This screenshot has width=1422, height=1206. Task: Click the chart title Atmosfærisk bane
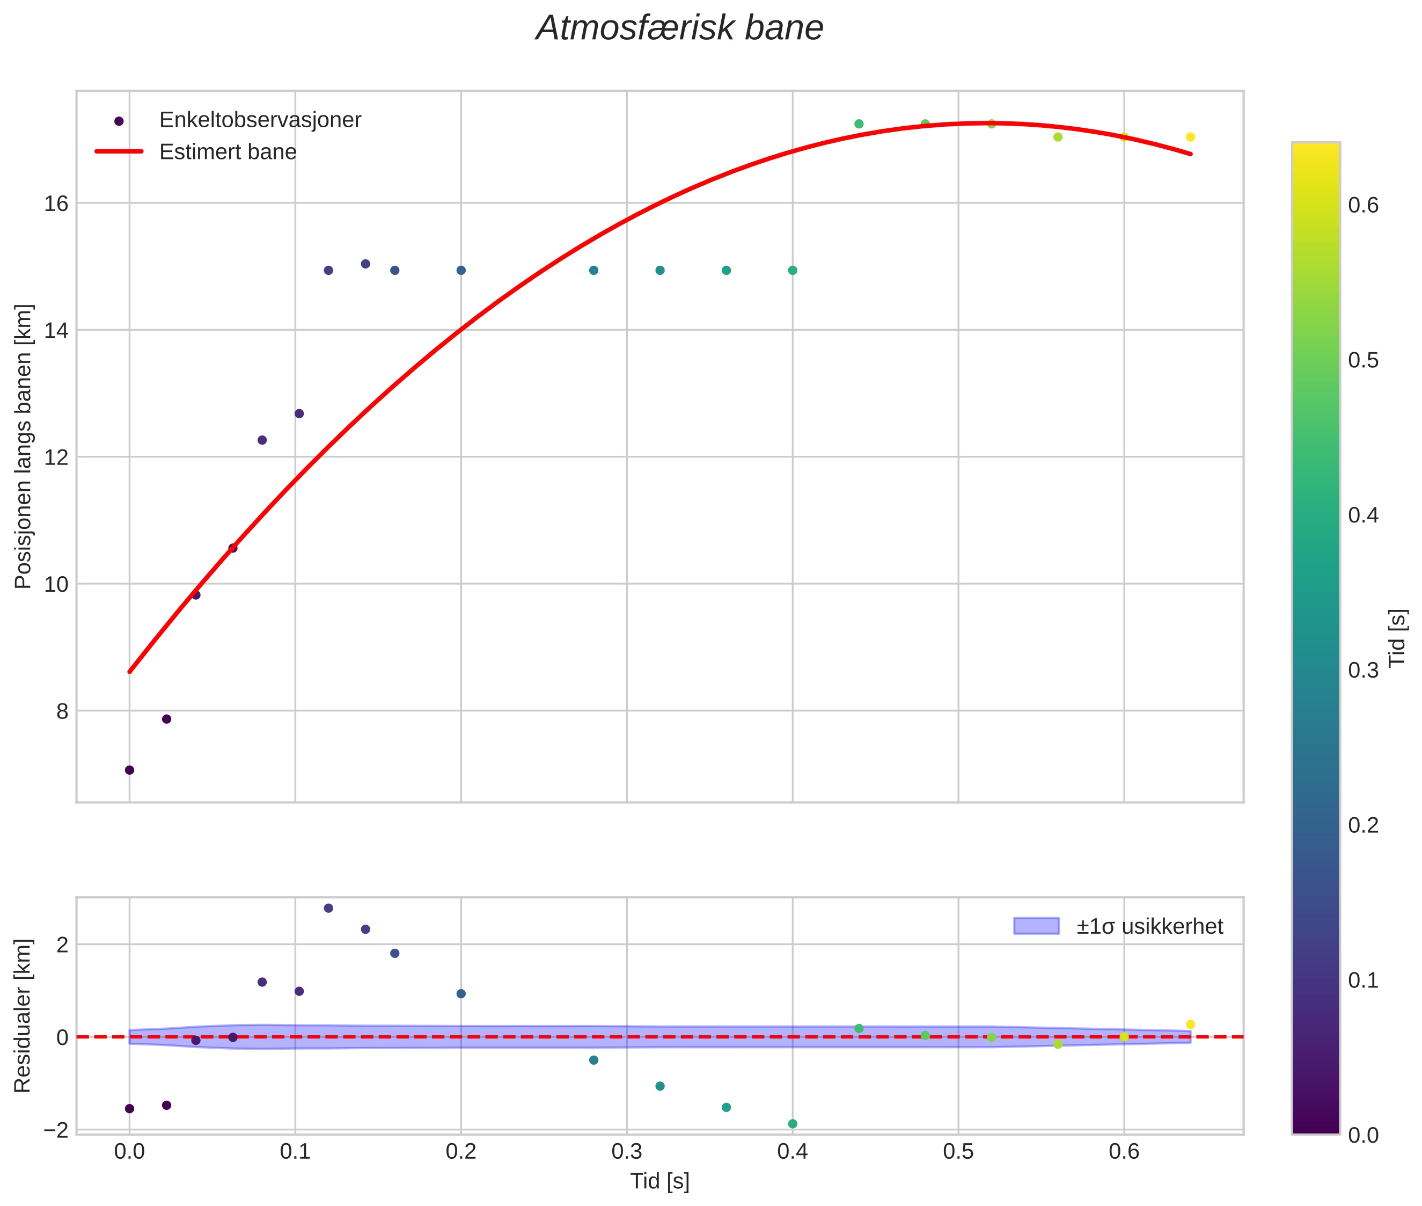(679, 28)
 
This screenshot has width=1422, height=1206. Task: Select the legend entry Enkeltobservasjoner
(260, 120)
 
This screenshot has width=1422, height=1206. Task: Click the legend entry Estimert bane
(228, 152)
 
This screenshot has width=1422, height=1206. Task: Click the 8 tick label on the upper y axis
(62, 711)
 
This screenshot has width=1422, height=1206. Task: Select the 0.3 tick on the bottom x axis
(627, 1151)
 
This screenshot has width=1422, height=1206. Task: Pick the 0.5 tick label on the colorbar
(1363, 360)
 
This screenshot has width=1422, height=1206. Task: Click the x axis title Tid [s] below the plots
(659, 1181)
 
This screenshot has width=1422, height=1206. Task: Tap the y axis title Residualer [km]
(23, 1016)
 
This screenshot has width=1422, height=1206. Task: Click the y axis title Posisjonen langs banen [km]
(23, 446)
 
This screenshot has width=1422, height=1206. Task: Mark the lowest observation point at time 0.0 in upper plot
(129, 770)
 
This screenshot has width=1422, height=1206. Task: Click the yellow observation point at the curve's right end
(1190, 137)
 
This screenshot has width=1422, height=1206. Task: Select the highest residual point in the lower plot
(328, 908)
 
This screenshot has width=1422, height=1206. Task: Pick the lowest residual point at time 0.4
(793, 1124)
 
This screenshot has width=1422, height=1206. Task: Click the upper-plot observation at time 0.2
(461, 271)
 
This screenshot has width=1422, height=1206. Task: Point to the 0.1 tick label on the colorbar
(1363, 980)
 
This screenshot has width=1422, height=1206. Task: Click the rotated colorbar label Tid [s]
(1398, 637)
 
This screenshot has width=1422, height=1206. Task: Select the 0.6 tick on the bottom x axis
(1124, 1151)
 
